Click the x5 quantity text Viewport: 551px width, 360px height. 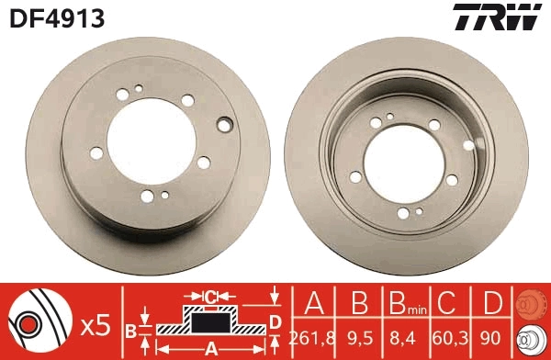95,323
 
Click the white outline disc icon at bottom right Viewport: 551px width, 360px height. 532,340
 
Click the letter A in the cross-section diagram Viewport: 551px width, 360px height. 209,348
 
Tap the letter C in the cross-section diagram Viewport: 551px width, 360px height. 209,297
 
